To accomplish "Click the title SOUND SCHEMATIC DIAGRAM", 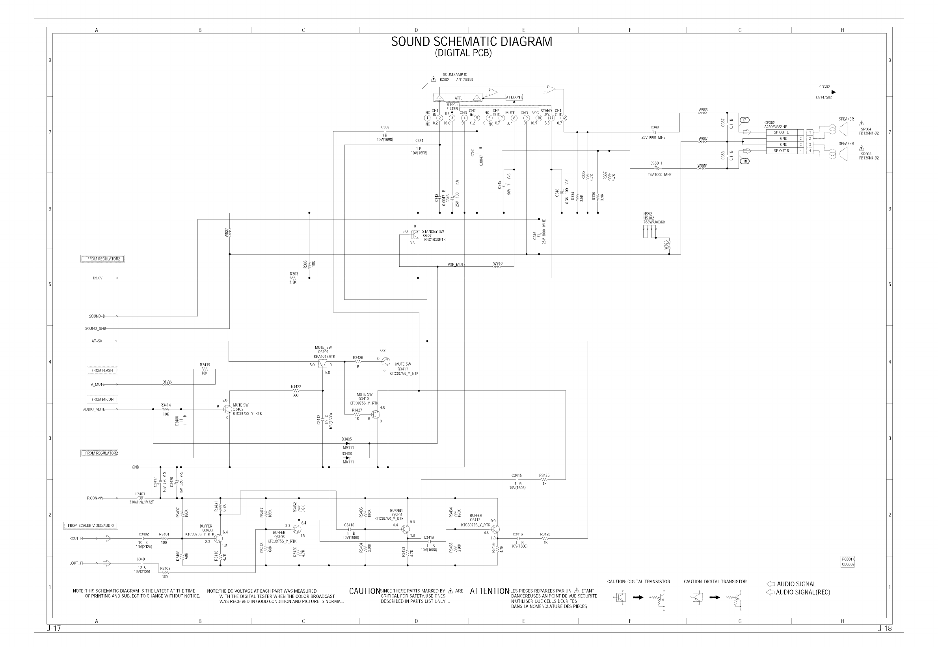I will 471,42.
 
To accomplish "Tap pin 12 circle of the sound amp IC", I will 564,118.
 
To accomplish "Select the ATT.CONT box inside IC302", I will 514,97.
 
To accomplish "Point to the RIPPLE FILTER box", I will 452,107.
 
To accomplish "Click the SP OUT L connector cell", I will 781,132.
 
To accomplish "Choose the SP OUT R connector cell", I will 781,151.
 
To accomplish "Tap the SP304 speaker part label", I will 866,129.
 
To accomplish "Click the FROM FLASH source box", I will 102,370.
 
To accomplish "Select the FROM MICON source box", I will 102,399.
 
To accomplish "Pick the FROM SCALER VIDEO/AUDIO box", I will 91,525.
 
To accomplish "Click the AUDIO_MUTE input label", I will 94,409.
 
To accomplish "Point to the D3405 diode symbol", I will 347,444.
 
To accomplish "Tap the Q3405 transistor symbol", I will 228,409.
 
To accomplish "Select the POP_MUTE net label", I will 456,265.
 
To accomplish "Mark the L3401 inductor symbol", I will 140,498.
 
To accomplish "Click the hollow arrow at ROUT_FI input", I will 107,538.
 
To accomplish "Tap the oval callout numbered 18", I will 744,161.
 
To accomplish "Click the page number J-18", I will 885,629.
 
